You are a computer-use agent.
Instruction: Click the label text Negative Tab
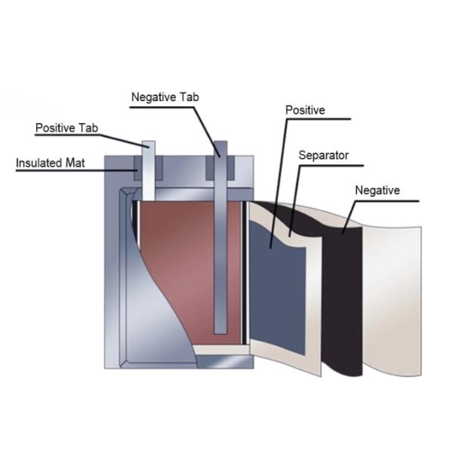tap(165, 97)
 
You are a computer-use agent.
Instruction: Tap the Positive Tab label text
tap(66, 128)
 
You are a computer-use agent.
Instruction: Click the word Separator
tap(323, 156)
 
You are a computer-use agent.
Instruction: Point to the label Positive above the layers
tap(305, 110)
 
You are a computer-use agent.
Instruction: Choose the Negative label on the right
tap(377, 190)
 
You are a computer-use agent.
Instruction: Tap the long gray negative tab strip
tap(220, 249)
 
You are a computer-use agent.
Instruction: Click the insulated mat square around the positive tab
tap(137, 168)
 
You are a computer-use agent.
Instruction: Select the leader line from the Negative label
tap(352, 215)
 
